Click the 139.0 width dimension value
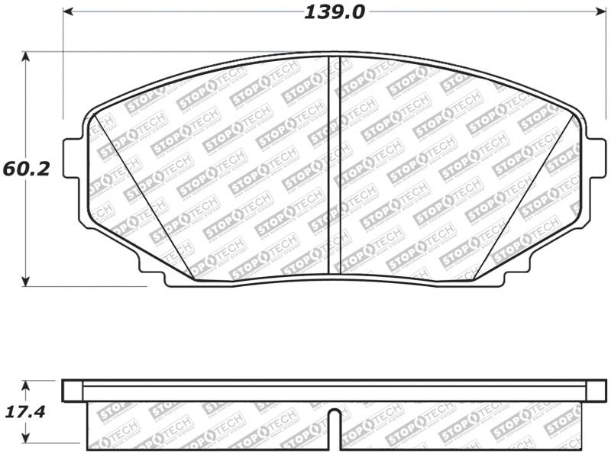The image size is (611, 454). click(335, 12)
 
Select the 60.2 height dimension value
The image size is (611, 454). click(26, 169)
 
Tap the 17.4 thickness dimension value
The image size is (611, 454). click(25, 412)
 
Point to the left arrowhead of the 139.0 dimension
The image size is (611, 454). click(67, 12)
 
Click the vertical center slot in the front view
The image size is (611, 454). click(334, 164)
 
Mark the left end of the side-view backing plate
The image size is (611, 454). click(73, 391)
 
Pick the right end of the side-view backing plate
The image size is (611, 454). click(596, 391)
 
